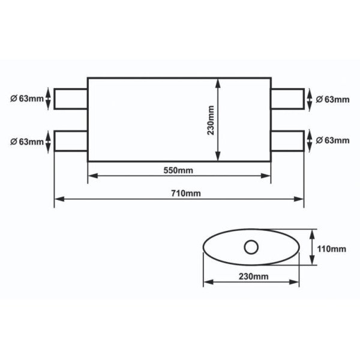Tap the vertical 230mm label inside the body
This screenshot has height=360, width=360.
click(x=211, y=120)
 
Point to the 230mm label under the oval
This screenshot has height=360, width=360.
click(x=252, y=276)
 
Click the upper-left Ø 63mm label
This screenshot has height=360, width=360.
click(x=27, y=99)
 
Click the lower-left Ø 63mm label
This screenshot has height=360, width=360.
click(x=27, y=142)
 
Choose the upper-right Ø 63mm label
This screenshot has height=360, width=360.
click(x=332, y=99)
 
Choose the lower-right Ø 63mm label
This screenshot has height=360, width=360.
click(x=332, y=140)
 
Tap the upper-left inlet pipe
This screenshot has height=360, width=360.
click(x=71, y=99)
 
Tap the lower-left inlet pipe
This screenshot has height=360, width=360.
click(x=71, y=141)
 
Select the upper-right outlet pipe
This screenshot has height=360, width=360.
click(x=287, y=99)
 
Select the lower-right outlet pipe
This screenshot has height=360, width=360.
click(x=287, y=140)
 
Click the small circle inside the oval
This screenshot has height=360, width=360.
click(x=251, y=246)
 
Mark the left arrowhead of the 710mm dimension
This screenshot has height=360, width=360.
click(x=58, y=199)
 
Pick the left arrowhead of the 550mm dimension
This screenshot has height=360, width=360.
click(x=92, y=176)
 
